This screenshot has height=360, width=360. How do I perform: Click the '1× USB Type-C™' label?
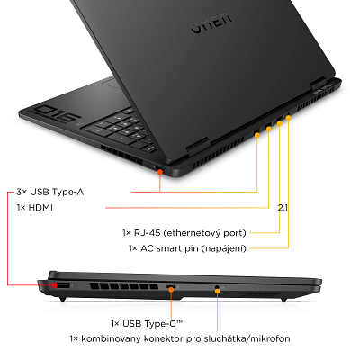pyautogui.click(x=147, y=323)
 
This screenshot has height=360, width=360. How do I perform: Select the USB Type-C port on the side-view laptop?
pyautogui.click(x=170, y=287)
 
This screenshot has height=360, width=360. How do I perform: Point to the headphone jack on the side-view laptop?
pyautogui.click(x=218, y=288)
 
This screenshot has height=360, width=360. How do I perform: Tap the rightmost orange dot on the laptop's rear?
pyautogui.click(x=289, y=117)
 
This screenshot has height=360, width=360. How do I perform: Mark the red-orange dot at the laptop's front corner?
pyautogui.click(x=160, y=171)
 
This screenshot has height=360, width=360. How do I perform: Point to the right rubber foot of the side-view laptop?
pyautogui.click(x=284, y=299)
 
